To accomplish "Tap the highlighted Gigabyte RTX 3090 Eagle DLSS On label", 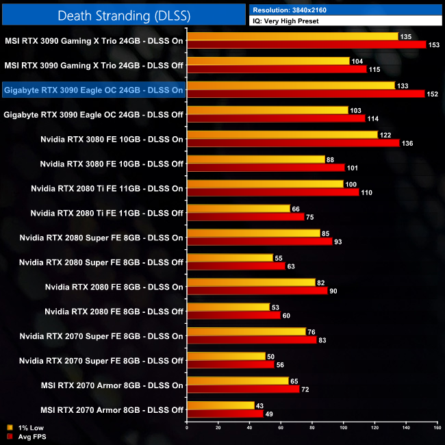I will tap(93, 90).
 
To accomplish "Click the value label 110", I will tap(366, 192).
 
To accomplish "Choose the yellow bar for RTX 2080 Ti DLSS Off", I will tap(238, 208).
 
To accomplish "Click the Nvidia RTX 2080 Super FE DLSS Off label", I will tap(101, 262).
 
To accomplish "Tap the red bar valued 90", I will tap(257, 290).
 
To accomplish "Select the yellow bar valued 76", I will tap(246, 331).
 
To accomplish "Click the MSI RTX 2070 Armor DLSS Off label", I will tap(112, 409).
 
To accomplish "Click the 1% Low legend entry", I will tap(25, 428).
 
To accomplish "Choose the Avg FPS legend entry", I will tap(26, 437).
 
